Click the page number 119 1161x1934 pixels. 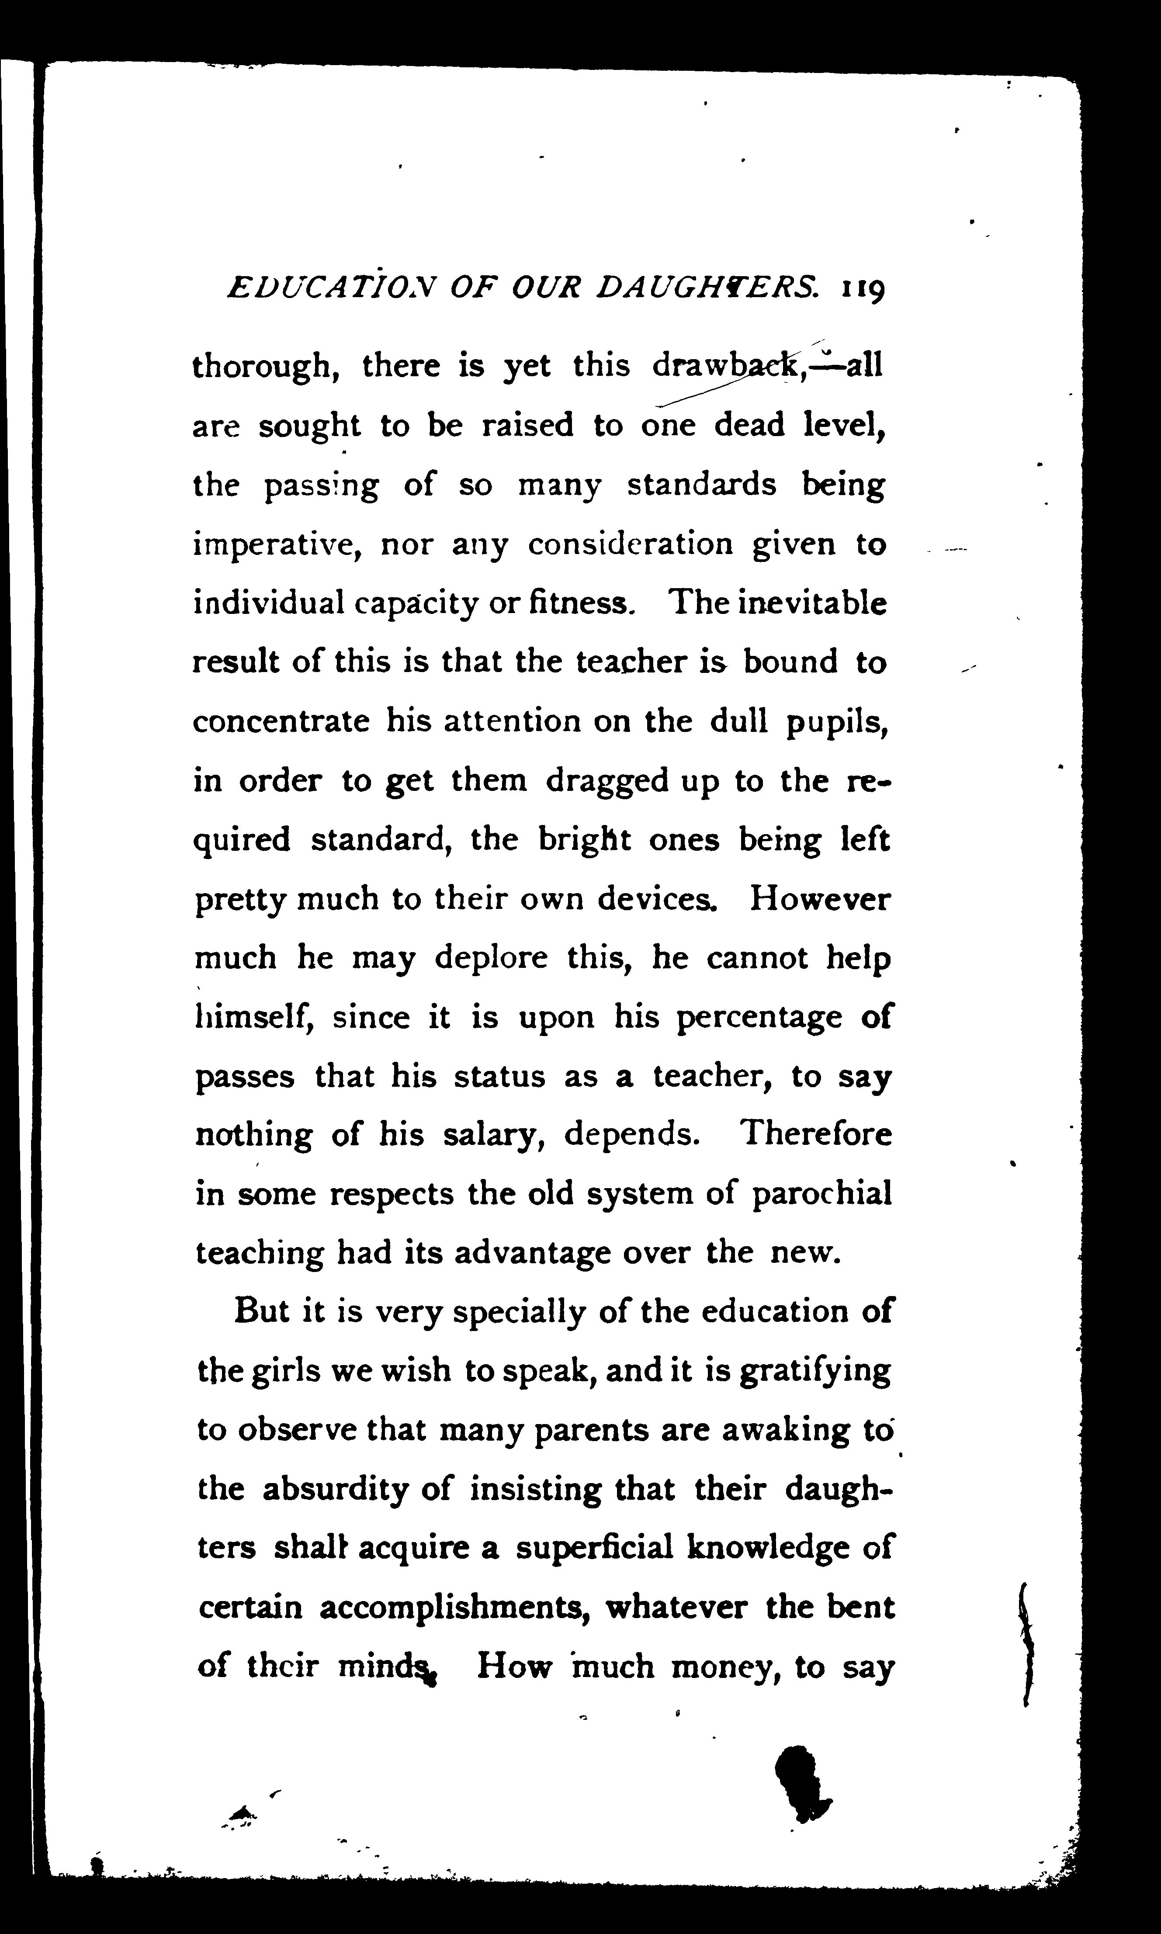(x=863, y=290)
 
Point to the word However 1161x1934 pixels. (x=820, y=899)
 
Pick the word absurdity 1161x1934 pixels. (x=335, y=1490)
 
